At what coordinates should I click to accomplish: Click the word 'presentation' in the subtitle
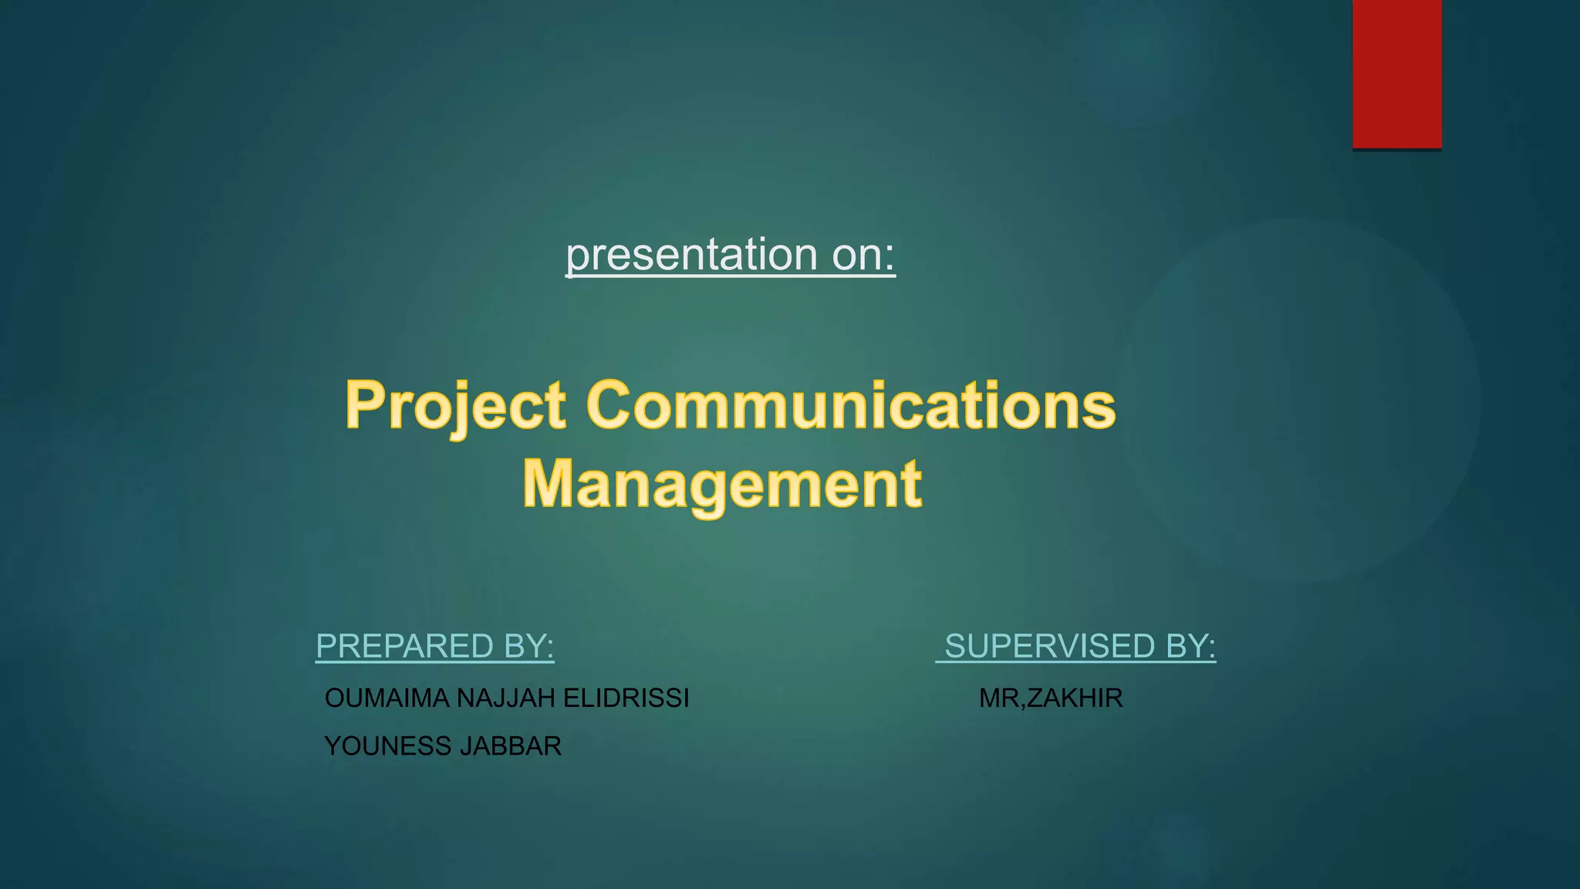pos(691,255)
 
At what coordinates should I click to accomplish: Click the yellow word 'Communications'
pos(851,406)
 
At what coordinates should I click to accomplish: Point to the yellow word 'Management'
pos(722,485)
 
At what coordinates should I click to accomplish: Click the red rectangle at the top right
pos(1396,73)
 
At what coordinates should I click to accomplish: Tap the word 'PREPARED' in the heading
pos(404,647)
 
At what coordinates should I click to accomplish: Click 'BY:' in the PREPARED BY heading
pos(528,647)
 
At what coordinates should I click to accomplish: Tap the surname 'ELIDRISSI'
pos(626,698)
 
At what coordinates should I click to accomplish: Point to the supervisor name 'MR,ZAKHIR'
pos(1051,698)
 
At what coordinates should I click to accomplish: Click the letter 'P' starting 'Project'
pos(364,404)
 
